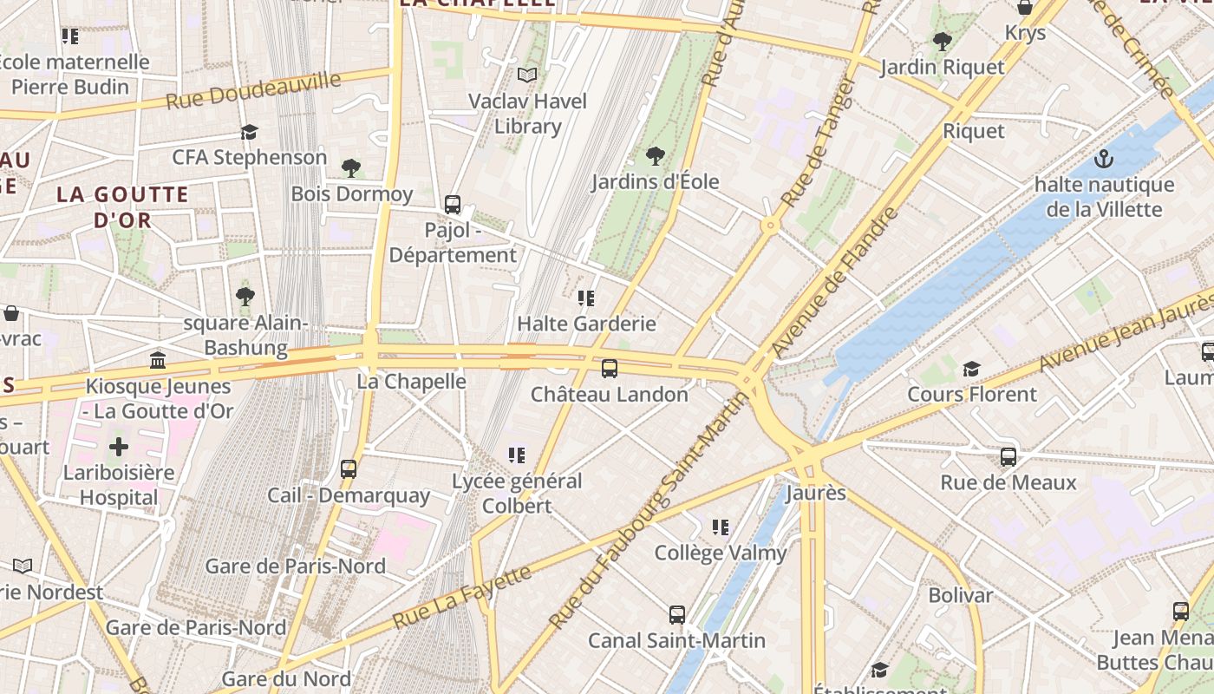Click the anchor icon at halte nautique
[x=1103, y=159]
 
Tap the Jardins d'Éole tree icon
[x=656, y=156]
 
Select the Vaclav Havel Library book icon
[x=527, y=75]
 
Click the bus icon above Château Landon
[x=610, y=369]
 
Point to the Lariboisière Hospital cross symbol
[x=119, y=448]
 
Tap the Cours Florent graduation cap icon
[x=971, y=370]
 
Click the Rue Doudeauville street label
[x=253, y=91]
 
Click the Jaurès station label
[x=815, y=493]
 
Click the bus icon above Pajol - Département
[x=453, y=205]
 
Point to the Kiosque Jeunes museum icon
[x=158, y=360]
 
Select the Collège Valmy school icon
[x=720, y=527]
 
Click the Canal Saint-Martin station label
[x=676, y=641]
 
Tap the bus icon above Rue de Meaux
[x=1008, y=457]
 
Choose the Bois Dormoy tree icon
[x=351, y=167]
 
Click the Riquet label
[x=974, y=131]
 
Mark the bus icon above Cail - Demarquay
[x=349, y=469]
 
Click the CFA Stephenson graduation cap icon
[x=250, y=132]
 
